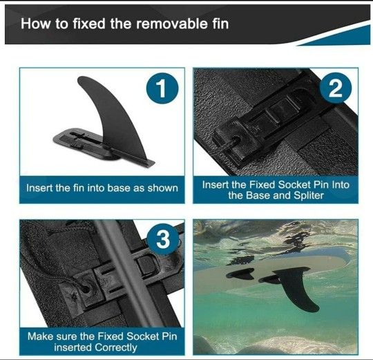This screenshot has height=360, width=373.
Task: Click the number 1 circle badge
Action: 162,88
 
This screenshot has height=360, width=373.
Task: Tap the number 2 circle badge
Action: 336,88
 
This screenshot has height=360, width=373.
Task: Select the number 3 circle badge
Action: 163,239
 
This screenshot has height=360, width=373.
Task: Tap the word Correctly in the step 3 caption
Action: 116,348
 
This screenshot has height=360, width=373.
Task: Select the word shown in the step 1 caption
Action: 163,188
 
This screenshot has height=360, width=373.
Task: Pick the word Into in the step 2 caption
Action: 341,185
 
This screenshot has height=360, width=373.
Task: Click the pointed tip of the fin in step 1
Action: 79,78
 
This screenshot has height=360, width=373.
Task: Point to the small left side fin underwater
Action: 240,274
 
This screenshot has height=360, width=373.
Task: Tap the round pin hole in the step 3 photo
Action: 86,289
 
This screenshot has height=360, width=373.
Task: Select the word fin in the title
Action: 220,23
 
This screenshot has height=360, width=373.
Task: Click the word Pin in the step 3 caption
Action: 169,337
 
